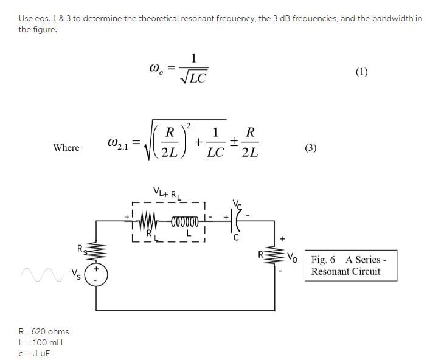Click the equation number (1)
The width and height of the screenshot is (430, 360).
pyautogui.click(x=361, y=72)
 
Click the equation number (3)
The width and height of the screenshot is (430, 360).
pyautogui.click(x=311, y=148)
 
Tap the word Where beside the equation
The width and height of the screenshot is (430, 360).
pyautogui.click(x=66, y=148)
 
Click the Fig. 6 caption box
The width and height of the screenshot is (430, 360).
pyautogui.click(x=351, y=266)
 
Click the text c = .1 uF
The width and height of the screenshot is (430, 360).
pyautogui.click(x=37, y=353)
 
